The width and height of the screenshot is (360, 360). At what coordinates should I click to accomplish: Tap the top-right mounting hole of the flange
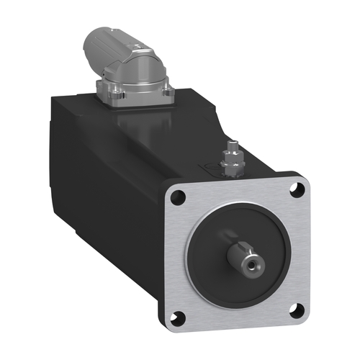[294, 190]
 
